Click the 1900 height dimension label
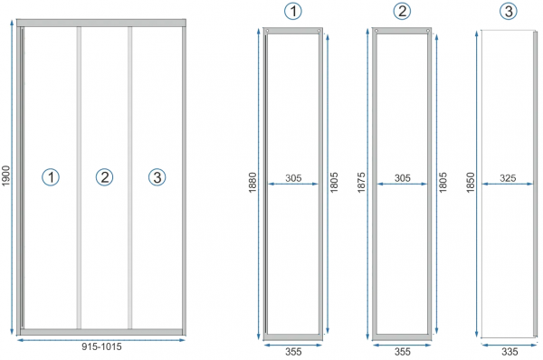pyautogui.click(x=6, y=175)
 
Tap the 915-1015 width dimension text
pyautogui.click(x=101, y=346)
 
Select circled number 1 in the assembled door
pyautogui.click(x=51, y=177)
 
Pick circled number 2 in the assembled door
pyautogui.click(x=104, y=177)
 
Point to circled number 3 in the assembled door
pyautogui.click(x=157, y=177)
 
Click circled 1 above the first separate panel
pyautogui.click(x=293, y=11)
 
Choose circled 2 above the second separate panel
pyautogui.click(x=402, y=11)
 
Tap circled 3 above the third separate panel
pyautogui.click(x=509, y=11)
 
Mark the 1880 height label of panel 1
pyautogui.click(x=252, y=183)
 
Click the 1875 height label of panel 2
pyautogui.click(x=361, y=183)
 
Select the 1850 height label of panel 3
pyautogui.click(x=470, y=183)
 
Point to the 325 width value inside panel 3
pyautogui.click(x=508, y=178)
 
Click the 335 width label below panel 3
pyautogui.click(x=510, y=352)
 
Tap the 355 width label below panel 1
pyautogui.click(x=293, y=352)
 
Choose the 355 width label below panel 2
pyautogui.click(x=403, y=352)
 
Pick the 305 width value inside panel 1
pyautogui.click(x=293, y=178)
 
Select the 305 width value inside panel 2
pyautogui.click(x=403, y=178)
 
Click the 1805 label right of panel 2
pyautogui.click(x=443, y=183)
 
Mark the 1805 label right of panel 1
pyautogui.click(x=334, y=183)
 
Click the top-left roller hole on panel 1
pyautogui.click(x=267, y=31)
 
